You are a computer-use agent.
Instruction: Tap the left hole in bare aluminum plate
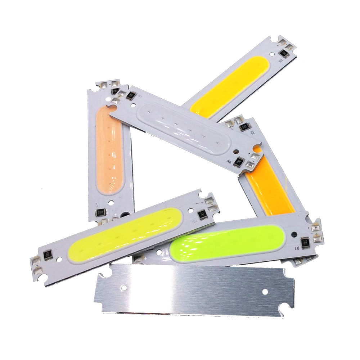(x=125, y=287)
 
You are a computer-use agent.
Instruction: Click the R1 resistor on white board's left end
(x=131, y=95)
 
